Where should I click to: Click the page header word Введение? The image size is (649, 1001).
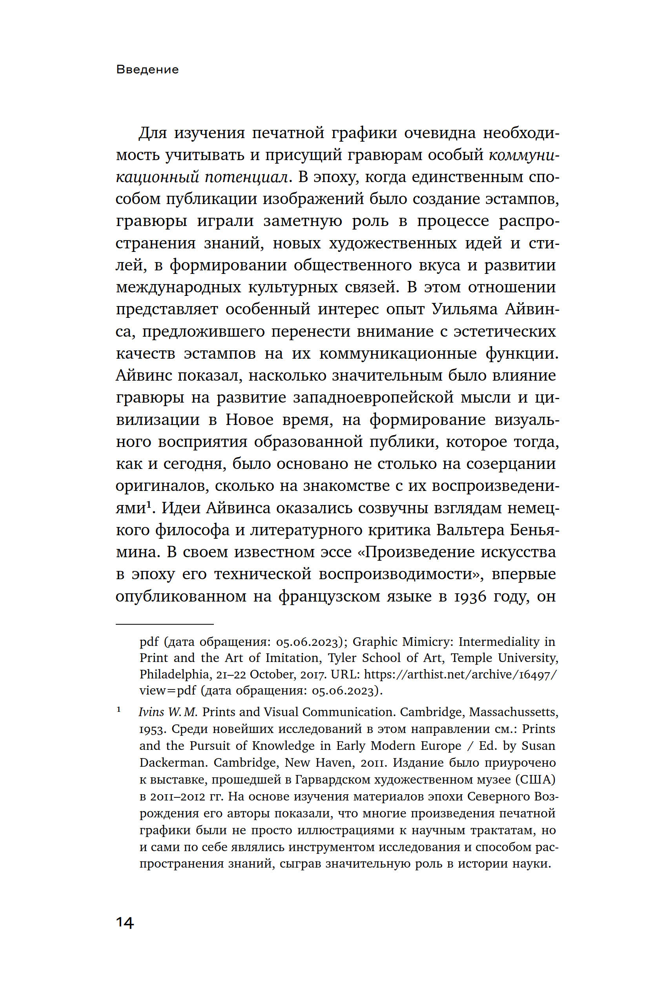[x=147, y=69]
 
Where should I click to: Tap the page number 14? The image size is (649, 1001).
[x=124, y=923]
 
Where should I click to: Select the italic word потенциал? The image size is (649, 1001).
[x=246, y=177]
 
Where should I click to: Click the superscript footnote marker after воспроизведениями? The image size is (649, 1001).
[x=148, y=504]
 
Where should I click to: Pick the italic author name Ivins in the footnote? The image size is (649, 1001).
[x=151, y=712]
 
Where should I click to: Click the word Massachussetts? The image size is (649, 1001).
[x=514, y=712]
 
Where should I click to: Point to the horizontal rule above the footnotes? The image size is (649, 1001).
[x=164, y=624]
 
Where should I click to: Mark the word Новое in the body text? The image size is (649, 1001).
[x=250, y=420]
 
